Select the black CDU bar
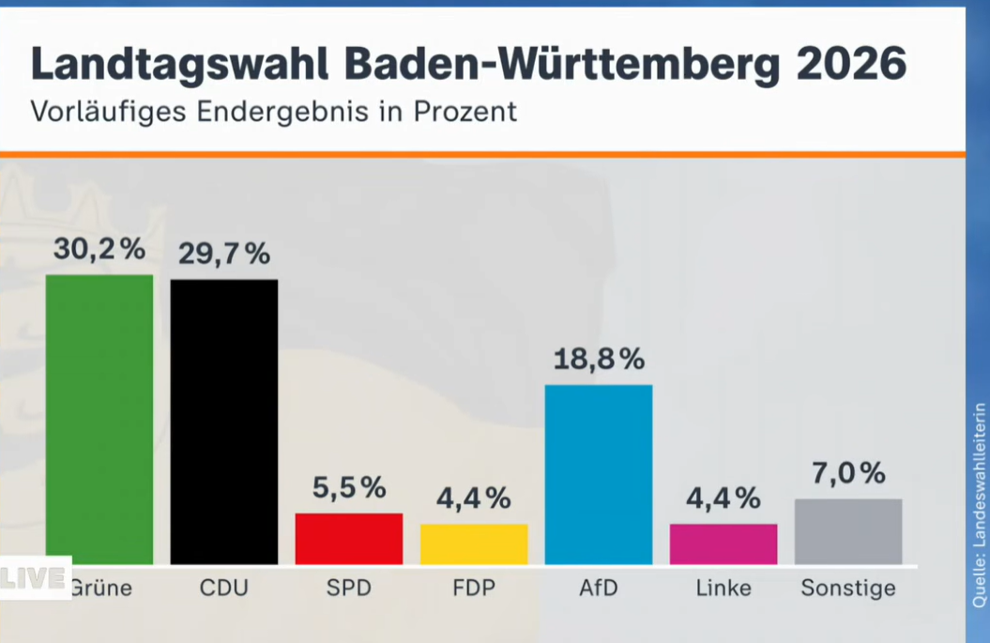click(223, 421)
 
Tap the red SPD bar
click(348, 538)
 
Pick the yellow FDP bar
click(473, 543)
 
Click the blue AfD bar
click(598, 474)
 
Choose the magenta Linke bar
click(723, 543)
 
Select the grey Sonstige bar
click(847, 531)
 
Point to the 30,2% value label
click(99, 249)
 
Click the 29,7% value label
click(224, 253)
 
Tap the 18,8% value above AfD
click(599, 359)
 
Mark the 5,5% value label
click(348, 487)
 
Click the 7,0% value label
click(848, 473)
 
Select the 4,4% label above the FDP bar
click(473, 498)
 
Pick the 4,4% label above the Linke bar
click(723, 498)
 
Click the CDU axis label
click(223, 589)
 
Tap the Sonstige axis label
click(847, 589)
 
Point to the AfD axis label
click(598, 589)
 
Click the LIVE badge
click(34, 578)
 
